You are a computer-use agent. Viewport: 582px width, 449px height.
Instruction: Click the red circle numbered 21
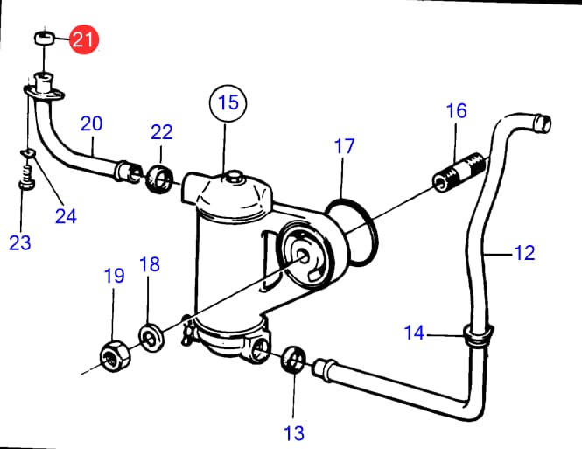pyautogui.click(x=85, y=39)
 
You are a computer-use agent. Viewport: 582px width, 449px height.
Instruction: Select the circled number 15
pyautogui.click(x=228, y=102)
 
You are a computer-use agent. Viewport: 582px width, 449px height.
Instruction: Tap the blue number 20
pyautogui.click(x=92, y=123)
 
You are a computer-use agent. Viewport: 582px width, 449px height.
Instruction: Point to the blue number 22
pyautogui.click(x=162, y=132)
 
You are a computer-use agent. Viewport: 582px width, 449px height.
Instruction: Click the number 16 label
pyautogui.click(x=457, y=111)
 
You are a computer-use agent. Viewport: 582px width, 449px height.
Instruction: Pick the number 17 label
pyautogui.click(x=345, y=146)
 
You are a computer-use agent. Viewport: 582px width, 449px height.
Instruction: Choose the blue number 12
pyautogui.click(x=523, y=254)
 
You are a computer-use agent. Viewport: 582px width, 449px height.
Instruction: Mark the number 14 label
pyautogui.click(x=415, y=333)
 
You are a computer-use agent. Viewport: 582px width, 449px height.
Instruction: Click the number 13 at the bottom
pyautogui.click(x=294, y=431)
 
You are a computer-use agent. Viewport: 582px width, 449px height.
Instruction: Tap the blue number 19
pyautogui.click(x=115, y=277)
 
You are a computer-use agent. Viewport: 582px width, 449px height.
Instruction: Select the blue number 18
pyautogui.click(x=150, y=264)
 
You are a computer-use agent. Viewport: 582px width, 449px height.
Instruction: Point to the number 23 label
pyautogui.click(x=20, y=243)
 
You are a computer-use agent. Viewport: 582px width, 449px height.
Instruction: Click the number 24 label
pyautogui.click(x=66, y=215)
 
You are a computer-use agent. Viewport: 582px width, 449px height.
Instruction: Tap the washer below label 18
pyautogui.click(x=151, y=336)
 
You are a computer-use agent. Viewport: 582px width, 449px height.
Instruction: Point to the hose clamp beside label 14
pyautogui.click(x=477, y=336)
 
